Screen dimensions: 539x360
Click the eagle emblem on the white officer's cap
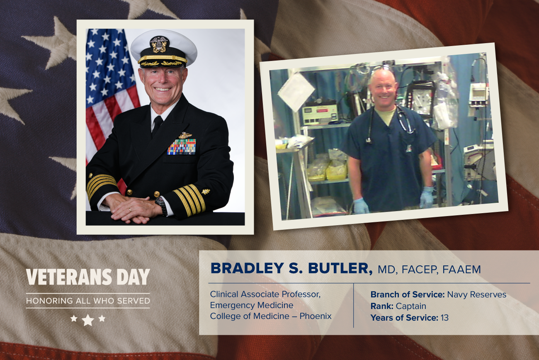coord(159,44)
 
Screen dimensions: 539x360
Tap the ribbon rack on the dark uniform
coord(182,147)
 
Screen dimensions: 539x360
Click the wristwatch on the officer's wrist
coord(161,205)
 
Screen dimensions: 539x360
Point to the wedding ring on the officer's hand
coord(130,210)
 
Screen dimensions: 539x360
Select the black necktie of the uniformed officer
coord(157,125)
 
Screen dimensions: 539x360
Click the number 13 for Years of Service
coord(444,318)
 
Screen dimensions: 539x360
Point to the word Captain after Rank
coord(411,306)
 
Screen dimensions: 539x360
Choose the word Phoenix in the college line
coord(316,316)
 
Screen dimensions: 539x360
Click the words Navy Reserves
coord(476,294)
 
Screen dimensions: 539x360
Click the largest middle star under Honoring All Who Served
coord(88,320)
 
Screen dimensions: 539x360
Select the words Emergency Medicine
coord(252,305)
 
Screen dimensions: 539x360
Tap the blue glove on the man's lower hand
coord(361,206)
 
